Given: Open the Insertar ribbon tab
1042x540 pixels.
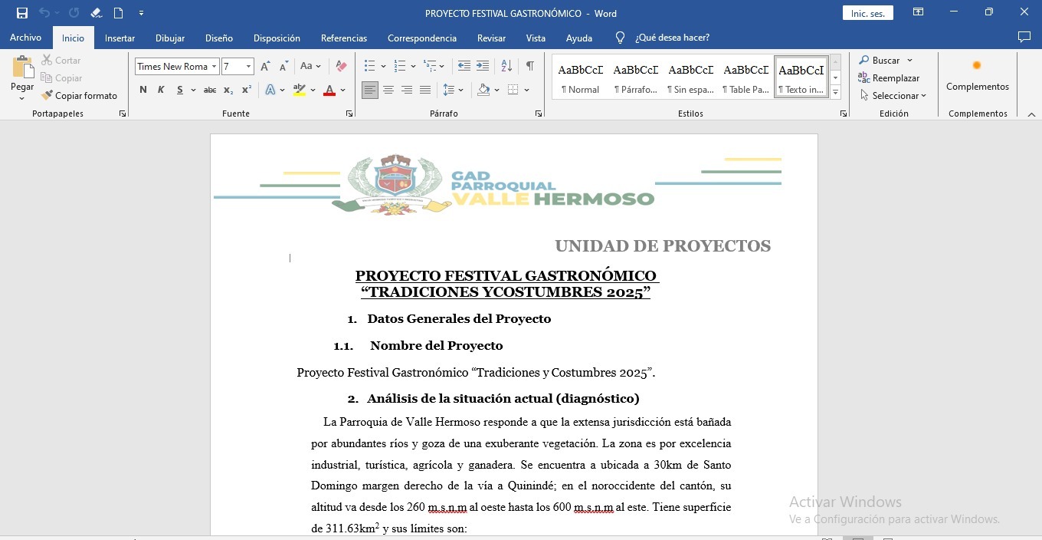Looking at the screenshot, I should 120,38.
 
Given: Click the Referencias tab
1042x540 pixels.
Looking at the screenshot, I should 343,38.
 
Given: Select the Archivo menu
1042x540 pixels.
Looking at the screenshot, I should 25,38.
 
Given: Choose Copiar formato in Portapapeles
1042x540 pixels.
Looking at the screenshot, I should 80,96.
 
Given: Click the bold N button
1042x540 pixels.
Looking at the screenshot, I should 143,90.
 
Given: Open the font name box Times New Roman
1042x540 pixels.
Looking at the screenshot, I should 172,67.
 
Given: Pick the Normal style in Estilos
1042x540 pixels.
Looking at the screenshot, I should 580,77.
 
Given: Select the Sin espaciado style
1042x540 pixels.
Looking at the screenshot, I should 690,77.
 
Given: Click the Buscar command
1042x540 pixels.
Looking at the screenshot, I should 885,60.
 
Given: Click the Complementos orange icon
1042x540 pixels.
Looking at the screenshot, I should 977,66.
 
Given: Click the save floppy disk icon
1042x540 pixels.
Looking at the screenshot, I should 22,13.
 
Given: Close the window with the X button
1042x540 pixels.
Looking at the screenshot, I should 1024,12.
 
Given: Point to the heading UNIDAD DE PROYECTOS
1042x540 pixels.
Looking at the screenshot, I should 663,246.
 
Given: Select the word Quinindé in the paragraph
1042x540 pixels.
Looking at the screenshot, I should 532,486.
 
